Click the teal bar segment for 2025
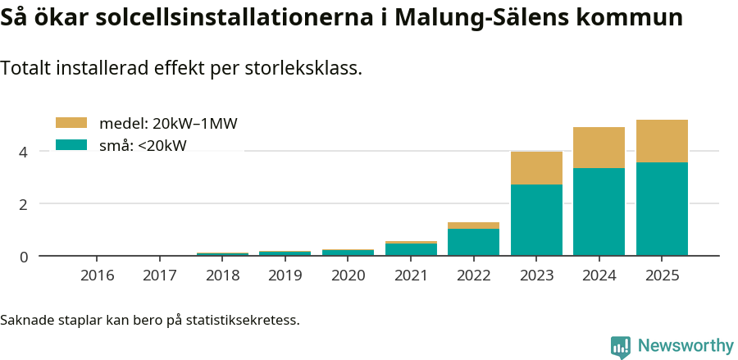pos(662,209)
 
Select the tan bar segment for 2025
pos(662,141)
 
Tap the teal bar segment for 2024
pos(599,212)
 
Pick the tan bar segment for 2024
pos(599,148)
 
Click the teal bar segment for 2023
pos(536,220)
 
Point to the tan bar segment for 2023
pos(536,168)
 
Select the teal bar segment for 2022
pos(473,242)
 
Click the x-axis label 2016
pos(97,275)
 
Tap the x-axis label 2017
pos(160,275)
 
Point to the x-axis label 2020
pos(348,275)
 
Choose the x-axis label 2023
pos(536,275)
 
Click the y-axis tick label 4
pos(24,152)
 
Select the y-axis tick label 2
pos(24,204)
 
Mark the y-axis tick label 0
pos(24,257)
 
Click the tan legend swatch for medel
pos(71,123)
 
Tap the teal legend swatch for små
pos(71,145)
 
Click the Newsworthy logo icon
pos(621,347)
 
